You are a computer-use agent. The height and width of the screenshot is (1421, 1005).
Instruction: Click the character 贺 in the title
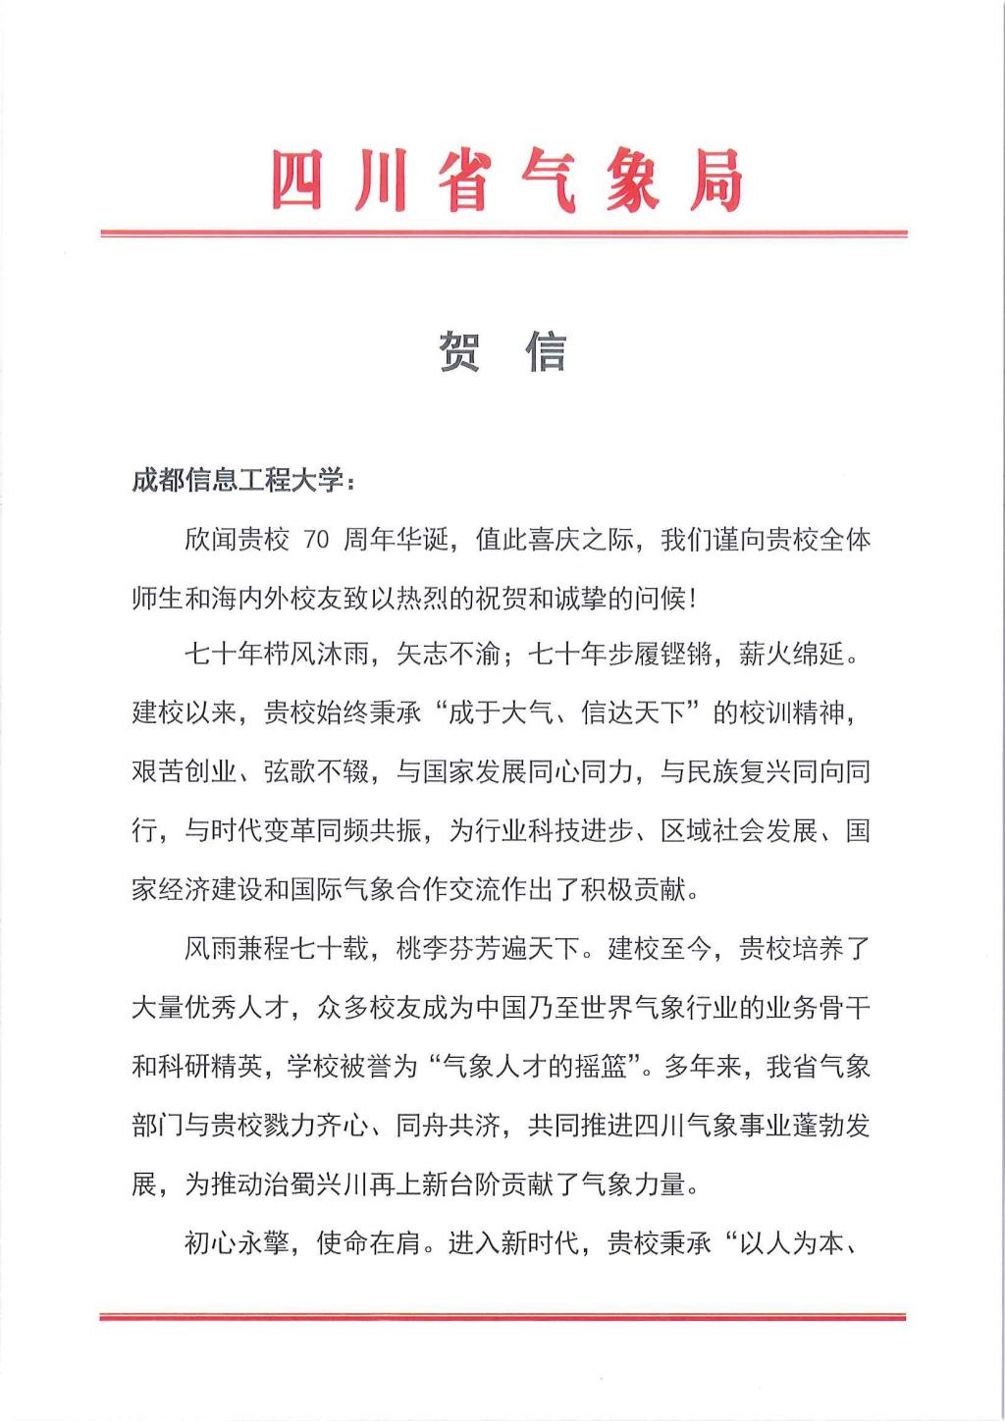[458, 351]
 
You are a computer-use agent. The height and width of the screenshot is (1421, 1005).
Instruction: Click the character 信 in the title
[547, 351]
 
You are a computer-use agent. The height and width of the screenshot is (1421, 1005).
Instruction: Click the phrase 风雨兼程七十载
[276, 949]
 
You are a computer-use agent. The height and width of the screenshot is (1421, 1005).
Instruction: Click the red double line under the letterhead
[503, 234]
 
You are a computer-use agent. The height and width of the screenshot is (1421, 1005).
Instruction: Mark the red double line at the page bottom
[503, 1317]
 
